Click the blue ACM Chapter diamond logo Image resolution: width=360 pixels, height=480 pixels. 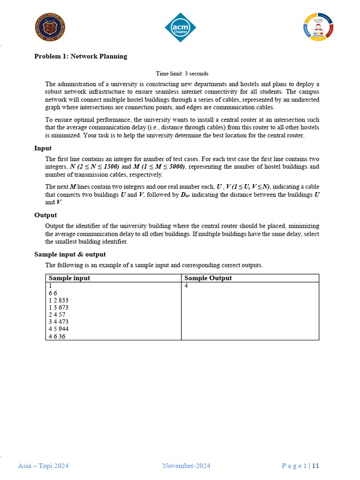(180, 27)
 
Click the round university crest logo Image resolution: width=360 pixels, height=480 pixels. (50, 27)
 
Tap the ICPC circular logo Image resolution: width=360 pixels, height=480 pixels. (318, 27)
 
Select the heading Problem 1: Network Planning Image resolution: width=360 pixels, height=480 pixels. (81, 56)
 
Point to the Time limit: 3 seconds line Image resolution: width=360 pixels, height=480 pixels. (182, 74)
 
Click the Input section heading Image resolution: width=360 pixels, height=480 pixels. (43, 148)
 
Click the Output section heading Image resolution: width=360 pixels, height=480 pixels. (45, 215)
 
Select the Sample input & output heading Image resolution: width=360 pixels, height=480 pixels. (70, 255)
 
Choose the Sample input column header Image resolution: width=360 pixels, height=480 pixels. (69, 278)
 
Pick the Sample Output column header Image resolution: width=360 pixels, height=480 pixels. (208, 278)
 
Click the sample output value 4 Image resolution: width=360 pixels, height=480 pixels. (186, 285)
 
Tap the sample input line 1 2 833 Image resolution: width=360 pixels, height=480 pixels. (59, 300)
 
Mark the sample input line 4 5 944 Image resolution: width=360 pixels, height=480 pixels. (59, 329)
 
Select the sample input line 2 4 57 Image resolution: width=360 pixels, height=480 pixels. (57, 315)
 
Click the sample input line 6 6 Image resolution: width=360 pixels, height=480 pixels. (52, 293)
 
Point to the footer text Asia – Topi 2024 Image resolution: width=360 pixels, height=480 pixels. (43, 465)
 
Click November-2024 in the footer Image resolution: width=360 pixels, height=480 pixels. (186, 465)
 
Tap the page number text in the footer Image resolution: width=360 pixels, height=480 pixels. (300, 465)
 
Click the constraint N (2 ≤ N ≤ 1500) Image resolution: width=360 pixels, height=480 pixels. (94, 166)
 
